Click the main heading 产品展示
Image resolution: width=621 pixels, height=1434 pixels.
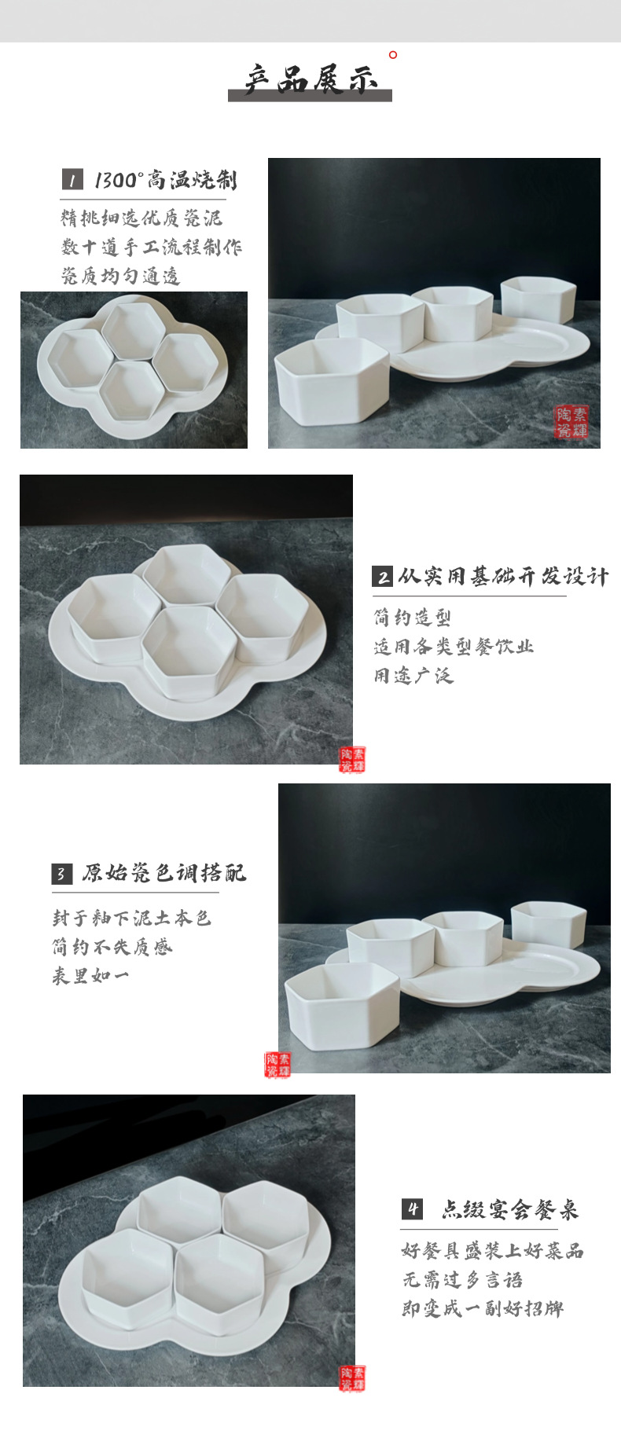310,80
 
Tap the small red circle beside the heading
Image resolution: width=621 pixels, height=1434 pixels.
393,54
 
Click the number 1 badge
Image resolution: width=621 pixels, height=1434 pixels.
72,180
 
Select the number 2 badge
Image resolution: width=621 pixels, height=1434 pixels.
383,578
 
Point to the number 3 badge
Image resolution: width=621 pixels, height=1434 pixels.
62,874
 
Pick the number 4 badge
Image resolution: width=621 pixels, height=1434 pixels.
412,1209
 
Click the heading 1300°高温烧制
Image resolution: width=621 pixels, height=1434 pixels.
165,180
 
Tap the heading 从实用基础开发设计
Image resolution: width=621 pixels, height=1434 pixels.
503,577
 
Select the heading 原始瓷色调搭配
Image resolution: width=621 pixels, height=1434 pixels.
164,873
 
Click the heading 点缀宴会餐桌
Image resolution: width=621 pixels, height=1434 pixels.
509,1209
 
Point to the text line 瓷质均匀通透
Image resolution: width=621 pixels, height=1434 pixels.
121,276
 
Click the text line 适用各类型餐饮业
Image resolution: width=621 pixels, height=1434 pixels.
454,647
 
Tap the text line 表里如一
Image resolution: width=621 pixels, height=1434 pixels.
90,976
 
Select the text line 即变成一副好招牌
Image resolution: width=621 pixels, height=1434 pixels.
483,1309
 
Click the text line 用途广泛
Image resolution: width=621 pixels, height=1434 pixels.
413,675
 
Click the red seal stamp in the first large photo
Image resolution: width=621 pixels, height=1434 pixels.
571,423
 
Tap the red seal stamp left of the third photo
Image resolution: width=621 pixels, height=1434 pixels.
277,1065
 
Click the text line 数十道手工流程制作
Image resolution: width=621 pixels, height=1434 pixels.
152,247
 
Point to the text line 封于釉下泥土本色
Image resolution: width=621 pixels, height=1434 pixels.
132,918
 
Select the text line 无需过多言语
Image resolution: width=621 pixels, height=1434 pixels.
462,1280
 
